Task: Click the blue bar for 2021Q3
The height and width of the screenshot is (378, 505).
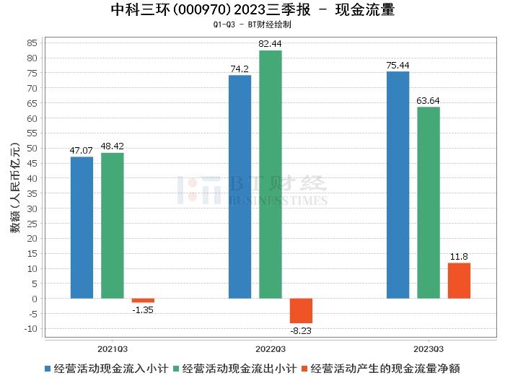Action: click(82, 227)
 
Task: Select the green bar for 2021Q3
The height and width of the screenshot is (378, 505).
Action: click(113, 225)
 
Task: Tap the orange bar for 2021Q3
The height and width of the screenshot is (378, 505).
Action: click(143, 300)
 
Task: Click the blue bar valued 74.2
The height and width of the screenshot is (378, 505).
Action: click(240, 186)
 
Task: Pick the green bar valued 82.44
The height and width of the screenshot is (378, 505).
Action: click(271, 174)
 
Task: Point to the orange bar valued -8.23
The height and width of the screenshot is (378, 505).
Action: click(301, 311)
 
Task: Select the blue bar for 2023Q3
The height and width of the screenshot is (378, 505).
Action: click(398, 185)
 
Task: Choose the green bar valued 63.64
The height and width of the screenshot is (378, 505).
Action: click(429, 202)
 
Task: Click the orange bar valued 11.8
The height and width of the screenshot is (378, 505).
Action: click(459, 281)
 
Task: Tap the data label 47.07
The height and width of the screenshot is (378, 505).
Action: click(82, 150)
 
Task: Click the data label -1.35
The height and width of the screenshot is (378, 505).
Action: click(143, 310)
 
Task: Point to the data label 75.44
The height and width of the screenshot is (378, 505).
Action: click(398, 65)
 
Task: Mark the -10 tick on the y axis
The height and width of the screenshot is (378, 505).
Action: click(31, 329)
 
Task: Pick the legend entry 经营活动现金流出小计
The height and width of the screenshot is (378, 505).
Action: click(239, 368)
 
